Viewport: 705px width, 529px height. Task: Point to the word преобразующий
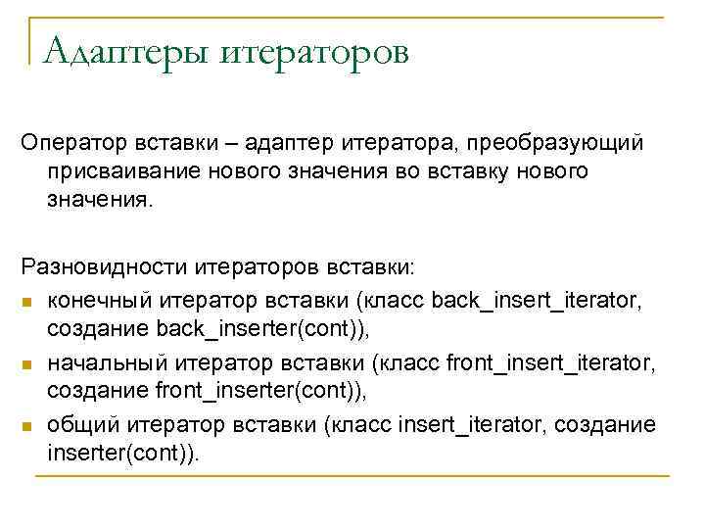tap(556, 144)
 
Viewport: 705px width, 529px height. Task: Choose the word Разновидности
tap(103, 266)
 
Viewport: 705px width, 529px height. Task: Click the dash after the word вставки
tap(231, 144)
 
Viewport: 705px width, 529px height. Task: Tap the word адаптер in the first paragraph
tap(285, 144)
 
